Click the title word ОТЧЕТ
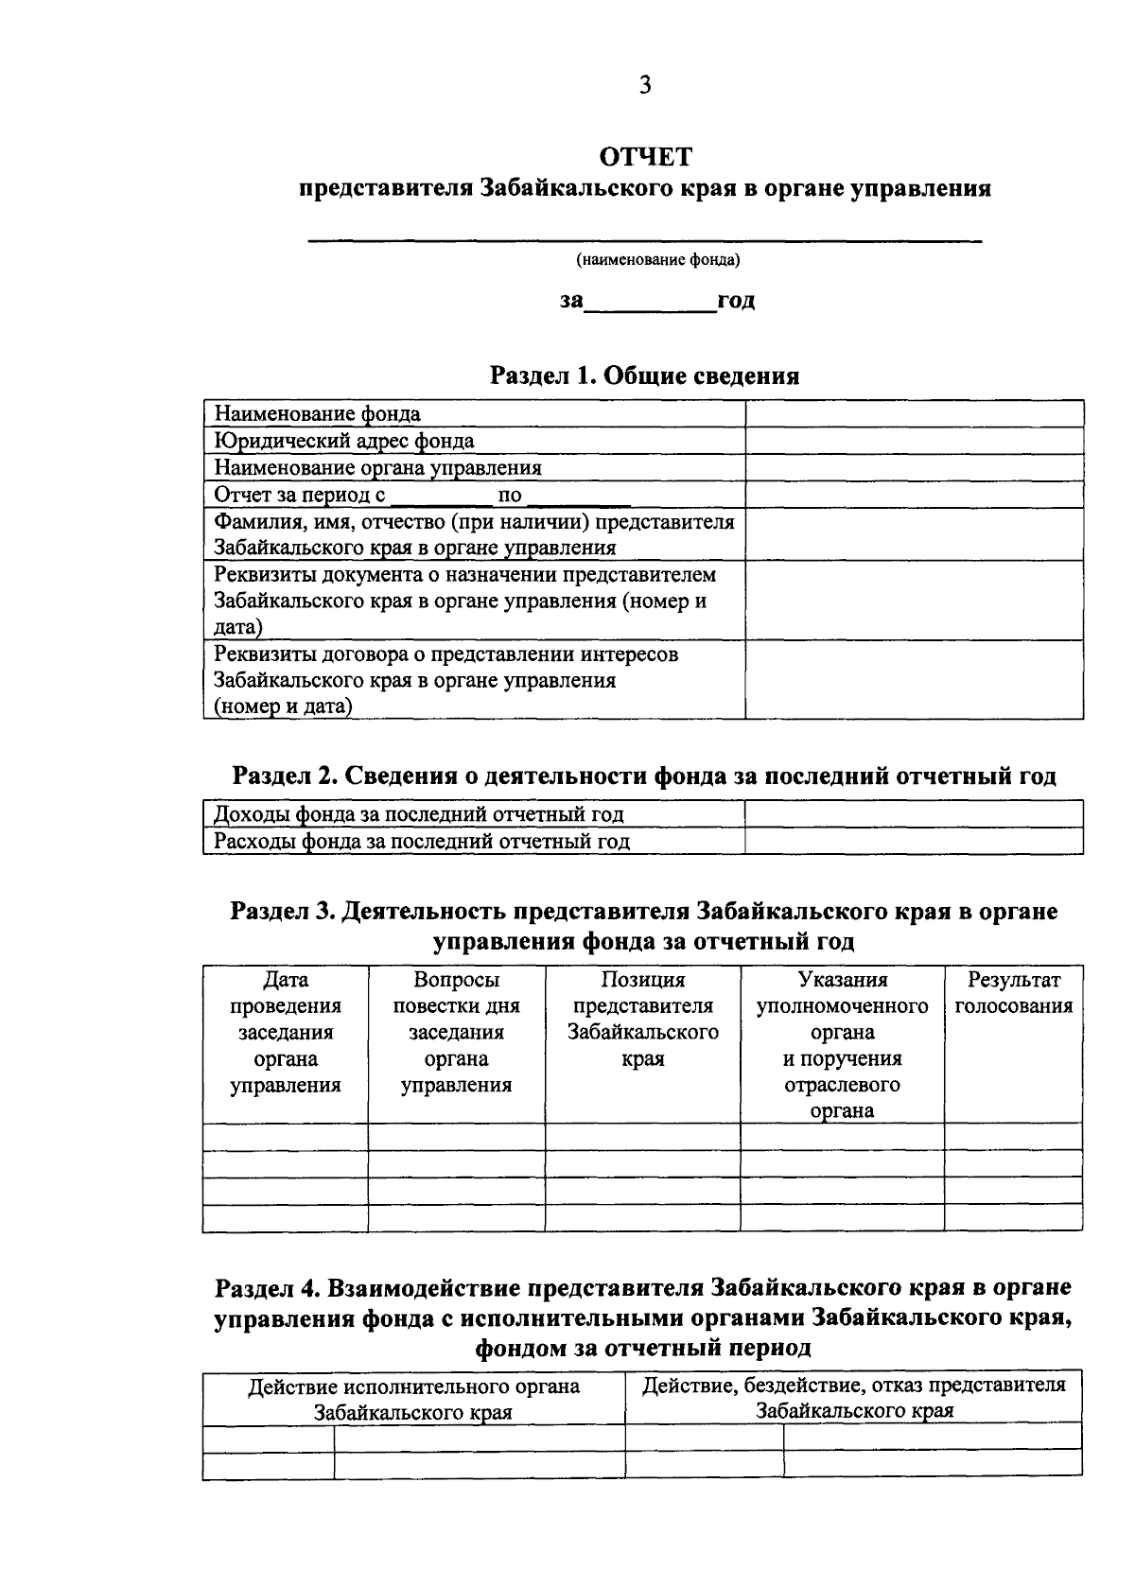tap(645, 156)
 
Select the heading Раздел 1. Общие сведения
tap(644, 376)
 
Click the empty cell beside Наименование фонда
tap(914, 414)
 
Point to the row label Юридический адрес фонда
tap(344, 441)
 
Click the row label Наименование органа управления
tap(377, 467)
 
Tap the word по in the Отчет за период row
tap(509, 495)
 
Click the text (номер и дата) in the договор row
tap(283, 706)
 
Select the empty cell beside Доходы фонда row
tap(914, 814)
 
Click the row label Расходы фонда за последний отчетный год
tap(421, 841)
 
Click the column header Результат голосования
tap(1013, 993)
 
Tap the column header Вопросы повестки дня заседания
tap(456, 1032)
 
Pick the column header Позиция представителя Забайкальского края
tap(642, 1020)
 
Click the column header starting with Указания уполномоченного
tap(842, 1045)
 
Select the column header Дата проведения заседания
tap(285, 1032)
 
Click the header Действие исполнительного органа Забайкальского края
tap(413, 1399)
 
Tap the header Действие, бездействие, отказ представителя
tap(853, 1398)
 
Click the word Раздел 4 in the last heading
tap(269, 1288)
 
